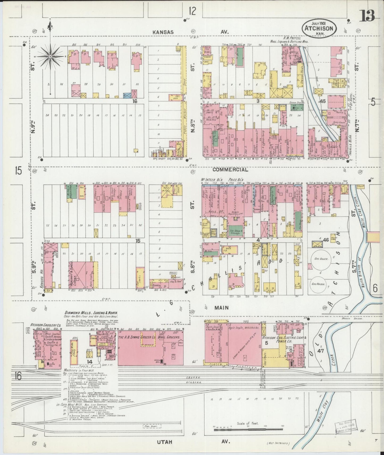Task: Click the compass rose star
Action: (50, 57)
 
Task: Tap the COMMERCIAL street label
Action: (230, 170)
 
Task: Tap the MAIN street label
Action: (222, 308)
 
